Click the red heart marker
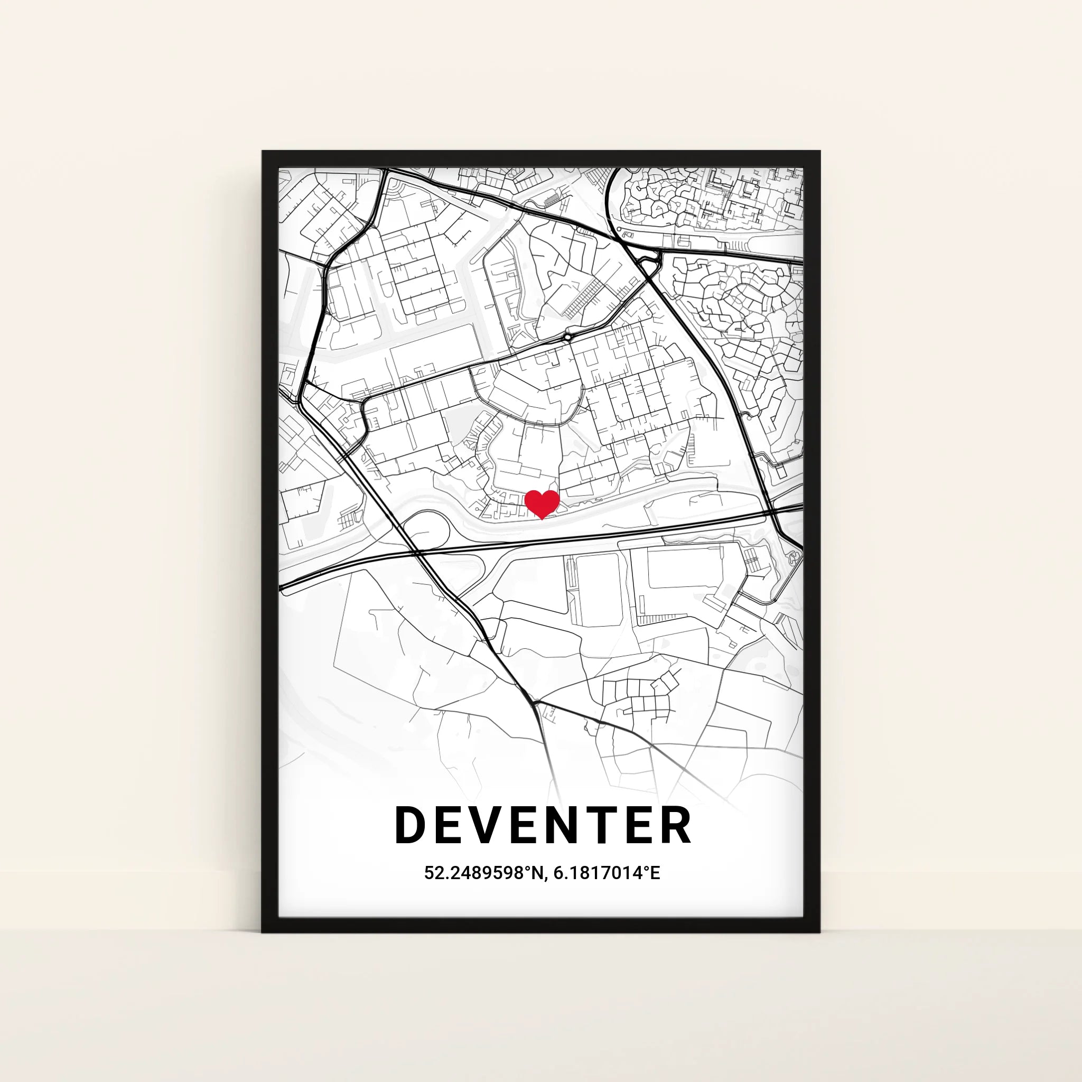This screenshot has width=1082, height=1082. click(x=542, y=503)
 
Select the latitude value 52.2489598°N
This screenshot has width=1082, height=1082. click(x=482, y=873)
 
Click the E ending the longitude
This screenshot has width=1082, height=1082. click(x=655, y=873)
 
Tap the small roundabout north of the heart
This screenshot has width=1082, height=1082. click(x=568, y=337)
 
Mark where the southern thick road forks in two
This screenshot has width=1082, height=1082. click(x=535, y=702)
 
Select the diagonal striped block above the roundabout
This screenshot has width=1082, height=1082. click(x=582, y=297)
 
